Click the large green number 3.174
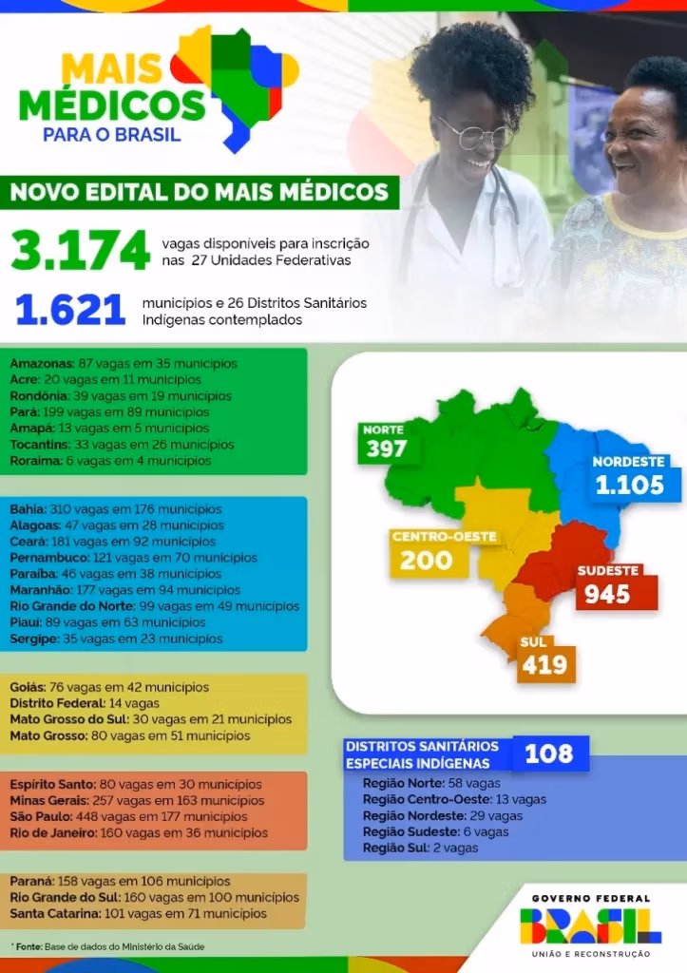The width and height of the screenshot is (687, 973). point(81,250)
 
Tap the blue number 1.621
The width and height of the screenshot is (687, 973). point(71,310)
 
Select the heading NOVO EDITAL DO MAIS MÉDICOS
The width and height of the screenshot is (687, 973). point(199,192)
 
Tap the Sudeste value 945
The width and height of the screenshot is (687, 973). point(608,594)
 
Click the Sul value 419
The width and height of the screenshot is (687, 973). point(544,664)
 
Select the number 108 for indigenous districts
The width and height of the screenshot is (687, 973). point(549,754)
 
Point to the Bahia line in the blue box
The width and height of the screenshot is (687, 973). point(115,509)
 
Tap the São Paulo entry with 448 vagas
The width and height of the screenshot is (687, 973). point(128,817)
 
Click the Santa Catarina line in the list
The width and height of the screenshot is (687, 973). point(138,914)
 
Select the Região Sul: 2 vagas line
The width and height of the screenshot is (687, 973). point(420,848)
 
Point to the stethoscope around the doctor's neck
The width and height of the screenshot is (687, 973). point(504,204)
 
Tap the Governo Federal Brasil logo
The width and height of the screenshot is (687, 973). point(590,925)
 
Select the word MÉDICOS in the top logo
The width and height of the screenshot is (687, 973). point(111,105)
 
